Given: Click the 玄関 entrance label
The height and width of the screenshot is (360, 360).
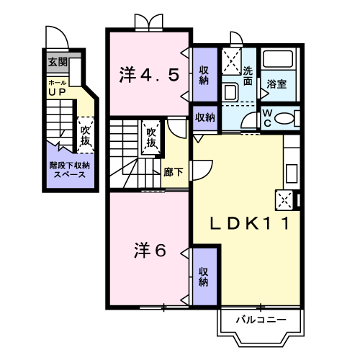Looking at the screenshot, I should click(58, 62).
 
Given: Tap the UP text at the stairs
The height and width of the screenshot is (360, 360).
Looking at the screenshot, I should click(57, 92).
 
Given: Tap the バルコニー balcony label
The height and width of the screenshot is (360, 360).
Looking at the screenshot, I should click(262, 319).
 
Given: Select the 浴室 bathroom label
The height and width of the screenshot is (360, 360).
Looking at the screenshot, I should click(277, 84).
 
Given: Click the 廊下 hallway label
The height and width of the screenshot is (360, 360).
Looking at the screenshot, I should click(172, 172).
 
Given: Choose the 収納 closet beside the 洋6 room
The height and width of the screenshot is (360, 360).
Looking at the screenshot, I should click(204, 276).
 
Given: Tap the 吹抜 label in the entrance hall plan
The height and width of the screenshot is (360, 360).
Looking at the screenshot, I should click(85, 135).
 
